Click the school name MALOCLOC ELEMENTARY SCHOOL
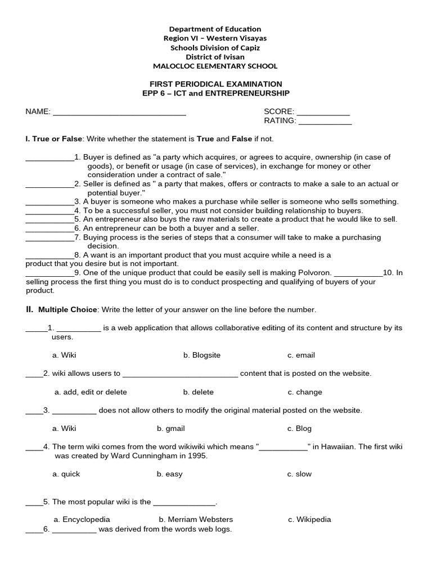pos(215,66)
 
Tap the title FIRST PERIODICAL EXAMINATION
pos(215,84)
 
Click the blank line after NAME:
pos(119,112)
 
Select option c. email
pos(301,355)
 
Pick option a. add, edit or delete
pos(91,392)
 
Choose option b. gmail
pos(171,428)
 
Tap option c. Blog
pos(299,428)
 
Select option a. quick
pos(66,474)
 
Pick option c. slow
pos(299,474)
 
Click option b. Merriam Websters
pos(196,519)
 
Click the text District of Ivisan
pos(215,57)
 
